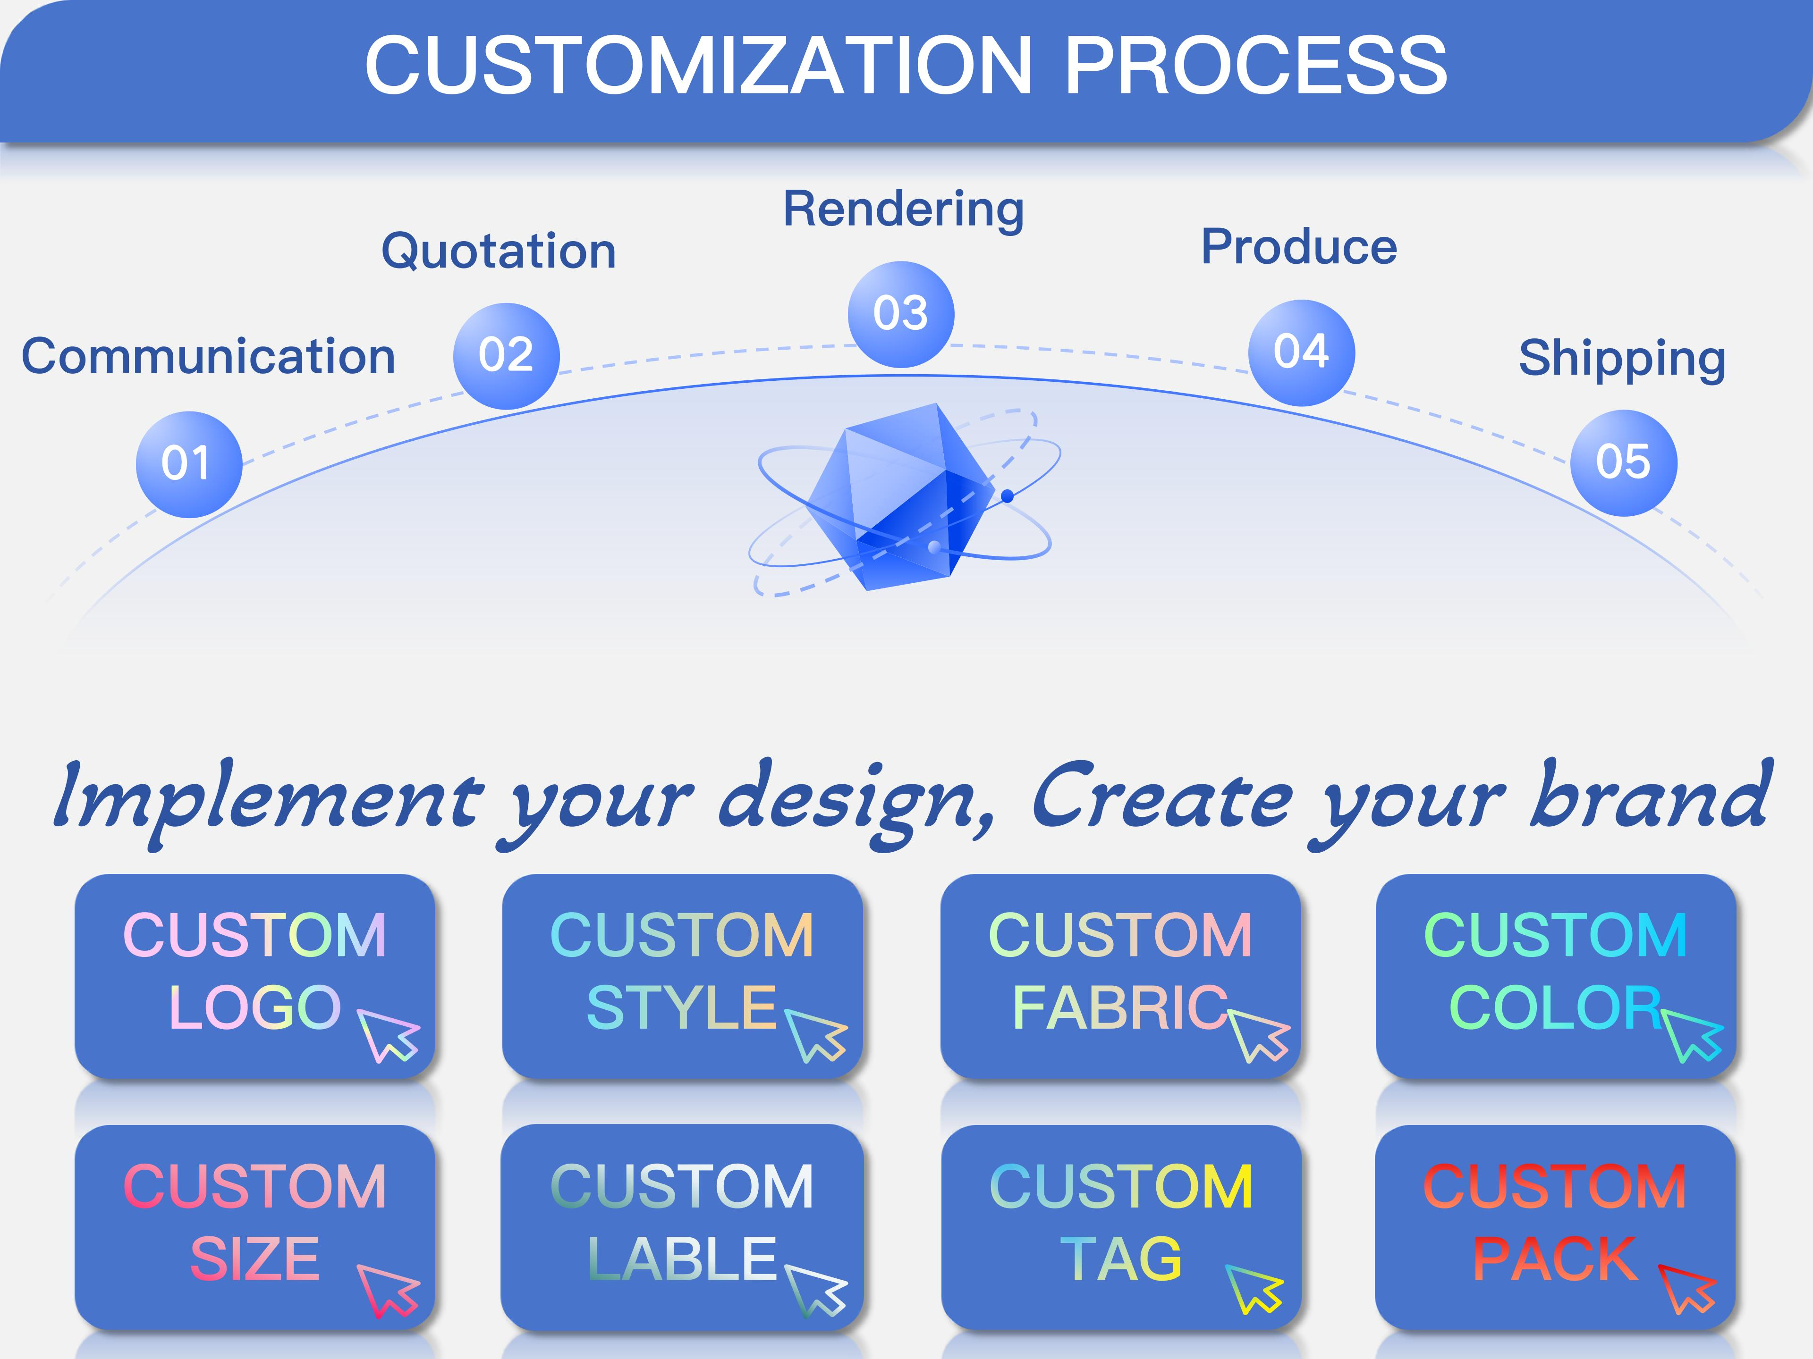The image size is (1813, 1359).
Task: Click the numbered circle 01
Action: [x=189, y=464]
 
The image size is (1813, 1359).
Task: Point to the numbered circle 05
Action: [x=1624, y=463]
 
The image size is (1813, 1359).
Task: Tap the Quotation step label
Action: [x=498, y=252]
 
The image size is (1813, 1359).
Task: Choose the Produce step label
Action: [x=1299, y=247]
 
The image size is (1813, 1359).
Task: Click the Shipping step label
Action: [x=1622, y=360]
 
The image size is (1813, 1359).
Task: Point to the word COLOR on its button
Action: [x=1555, y=1007]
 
